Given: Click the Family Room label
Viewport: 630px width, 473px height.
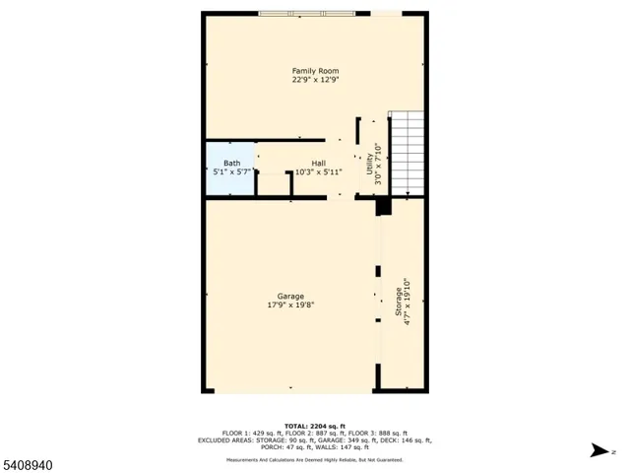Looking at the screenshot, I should tap(315, 70).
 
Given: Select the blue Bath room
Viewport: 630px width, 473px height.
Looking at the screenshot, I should tap(229, 169).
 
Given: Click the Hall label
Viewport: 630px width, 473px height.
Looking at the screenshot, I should tap(318, 164).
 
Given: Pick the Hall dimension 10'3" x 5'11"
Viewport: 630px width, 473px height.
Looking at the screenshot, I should tap(319, 172).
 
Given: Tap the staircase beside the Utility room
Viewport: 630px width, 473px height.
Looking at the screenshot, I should tap(406, 153).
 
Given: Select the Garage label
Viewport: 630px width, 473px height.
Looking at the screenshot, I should tap(290, 296).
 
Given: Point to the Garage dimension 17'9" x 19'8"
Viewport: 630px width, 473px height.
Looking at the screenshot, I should tap(290, 304).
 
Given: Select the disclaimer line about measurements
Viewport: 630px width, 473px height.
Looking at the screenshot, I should tap(315, 459).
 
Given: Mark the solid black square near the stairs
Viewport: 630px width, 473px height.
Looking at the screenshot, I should tap(383, 207).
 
